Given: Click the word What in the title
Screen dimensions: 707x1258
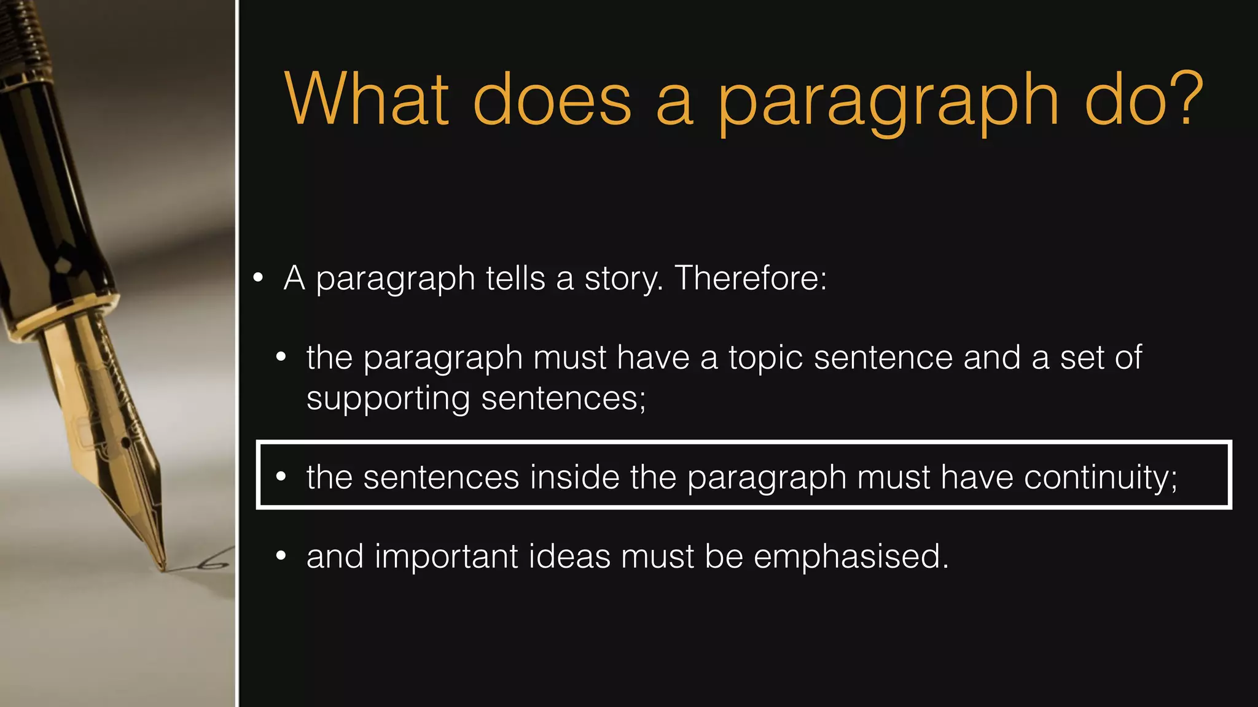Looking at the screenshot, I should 367,99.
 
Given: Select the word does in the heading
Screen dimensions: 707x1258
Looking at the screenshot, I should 552,99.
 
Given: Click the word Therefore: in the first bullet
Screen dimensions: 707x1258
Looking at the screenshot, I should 751,278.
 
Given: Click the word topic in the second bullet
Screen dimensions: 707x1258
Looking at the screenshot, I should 765,358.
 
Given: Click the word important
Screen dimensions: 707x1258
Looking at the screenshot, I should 447,557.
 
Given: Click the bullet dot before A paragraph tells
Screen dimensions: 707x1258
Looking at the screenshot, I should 258,278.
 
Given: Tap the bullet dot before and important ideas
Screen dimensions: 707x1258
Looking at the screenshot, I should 281,556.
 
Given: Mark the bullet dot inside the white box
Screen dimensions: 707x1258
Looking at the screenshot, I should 281,477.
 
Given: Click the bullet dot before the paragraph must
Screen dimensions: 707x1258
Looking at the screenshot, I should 281,357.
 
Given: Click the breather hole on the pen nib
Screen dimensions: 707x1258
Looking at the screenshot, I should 125,441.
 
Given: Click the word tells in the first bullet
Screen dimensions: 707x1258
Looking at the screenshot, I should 515,278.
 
